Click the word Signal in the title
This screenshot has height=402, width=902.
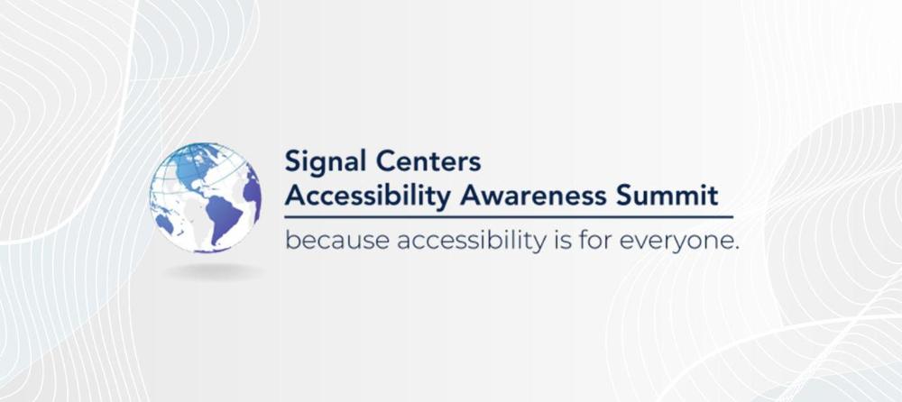pyautogui.click(x=327, y=162)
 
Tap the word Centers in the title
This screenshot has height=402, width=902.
pyautogui.click(x=428, y=161)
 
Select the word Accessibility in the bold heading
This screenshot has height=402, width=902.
pyautogui.click(x=368, y=196)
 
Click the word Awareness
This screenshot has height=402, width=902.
pyautogui.click(x=533, y=196)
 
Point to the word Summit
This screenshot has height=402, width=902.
pyautogui.click(x=667, y=196)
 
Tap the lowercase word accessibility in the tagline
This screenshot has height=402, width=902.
pyautogui.click(x=471, y=242)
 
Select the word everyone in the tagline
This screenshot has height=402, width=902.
pyautogui.click(x=676, y=242)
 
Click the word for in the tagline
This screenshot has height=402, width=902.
pyautogui.click(x=594, y=241)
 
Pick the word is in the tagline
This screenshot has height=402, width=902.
pyautogui.click(x=561, y=241)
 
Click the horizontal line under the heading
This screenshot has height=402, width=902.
pyautogui.click(x=509, y=217)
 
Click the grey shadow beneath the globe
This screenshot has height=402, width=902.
pyautogui.click(x=214, y=271)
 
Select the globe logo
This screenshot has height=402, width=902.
pyautogui.click(x=206, y=197)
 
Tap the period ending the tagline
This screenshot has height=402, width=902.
pyautogui.click(x=736, y=249)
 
